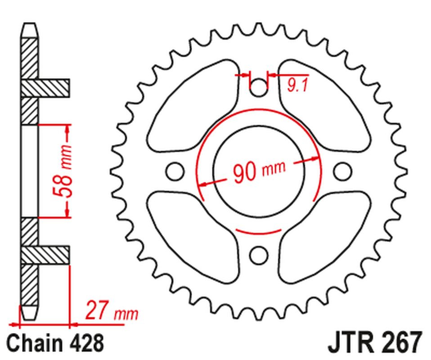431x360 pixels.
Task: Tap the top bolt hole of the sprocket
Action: coord(258,88)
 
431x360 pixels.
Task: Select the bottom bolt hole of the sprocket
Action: coord(258,255)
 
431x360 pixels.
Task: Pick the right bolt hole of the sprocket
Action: coord(342,171)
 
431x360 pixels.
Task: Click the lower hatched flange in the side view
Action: coord(45,256)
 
